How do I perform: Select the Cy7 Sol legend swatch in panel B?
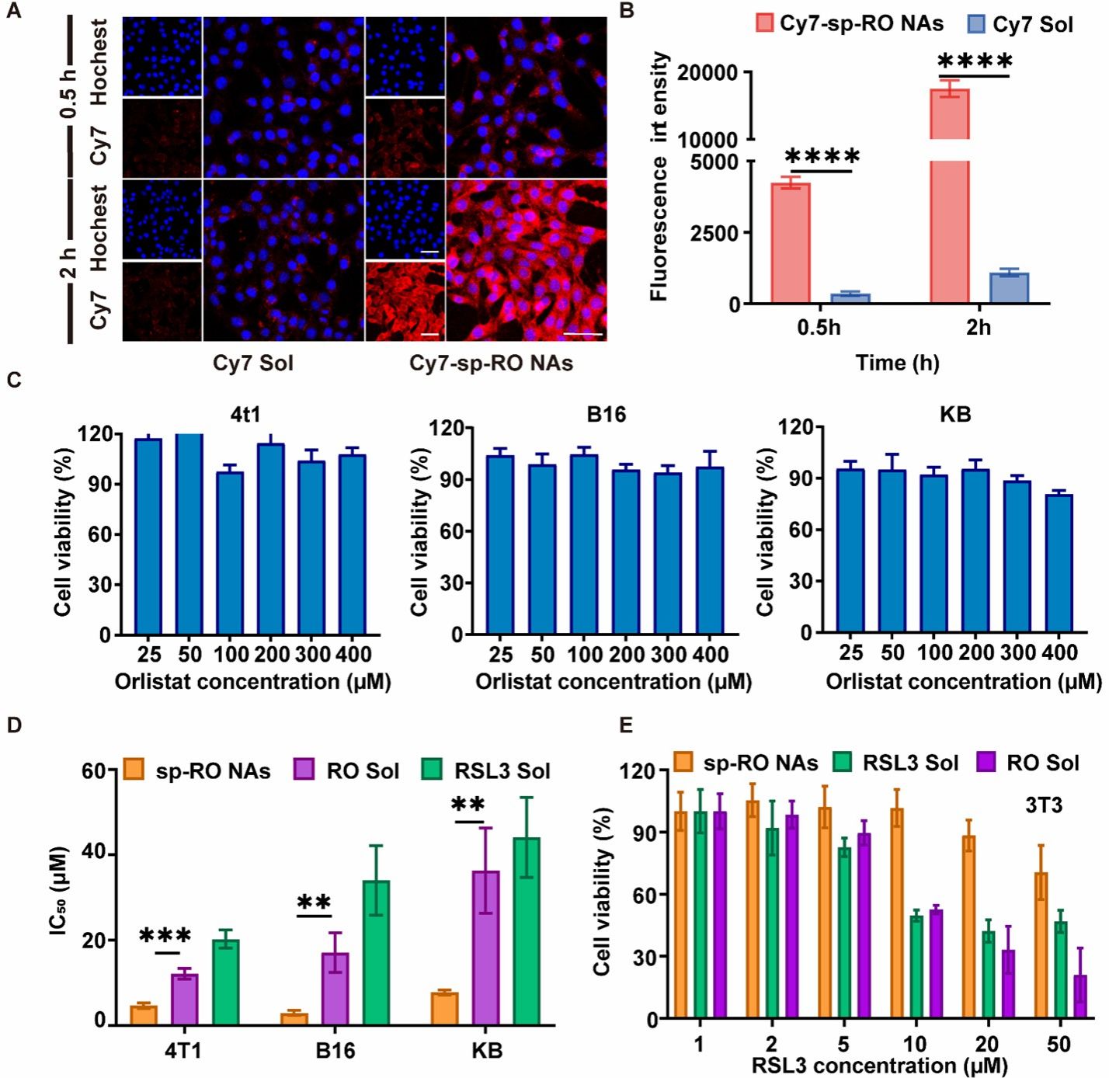(975, 24)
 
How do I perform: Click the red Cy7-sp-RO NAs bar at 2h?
(949, 194)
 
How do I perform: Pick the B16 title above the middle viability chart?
(606, 414)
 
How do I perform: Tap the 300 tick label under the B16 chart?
(668, 655)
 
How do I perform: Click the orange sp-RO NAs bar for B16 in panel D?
(294, 1018)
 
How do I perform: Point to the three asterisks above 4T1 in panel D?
(165, 937)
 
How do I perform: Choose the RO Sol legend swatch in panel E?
(987, 763)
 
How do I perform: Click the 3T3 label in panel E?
(1042, 805)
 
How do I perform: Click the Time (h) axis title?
(897, 363)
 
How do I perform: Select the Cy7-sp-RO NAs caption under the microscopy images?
(491, 363)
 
